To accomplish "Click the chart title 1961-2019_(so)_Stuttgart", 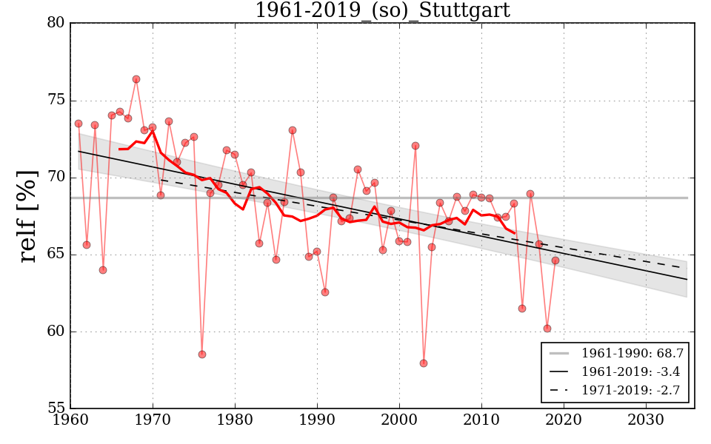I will (x=382, y=10).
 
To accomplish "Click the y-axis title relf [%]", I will (x=28, y=215).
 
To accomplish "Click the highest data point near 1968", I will (x=136, y=79).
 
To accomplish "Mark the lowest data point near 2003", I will (x=424, y=363).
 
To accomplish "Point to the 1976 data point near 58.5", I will (x=201, y=354).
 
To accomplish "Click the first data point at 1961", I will (x=79, y=124).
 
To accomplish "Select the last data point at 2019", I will (x=555, y=260).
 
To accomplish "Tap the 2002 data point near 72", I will (x=415, y=146).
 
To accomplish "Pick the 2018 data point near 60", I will (x=547, y=329).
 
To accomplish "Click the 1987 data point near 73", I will (x=293, y=130).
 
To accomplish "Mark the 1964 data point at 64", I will (x=103, y=270).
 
